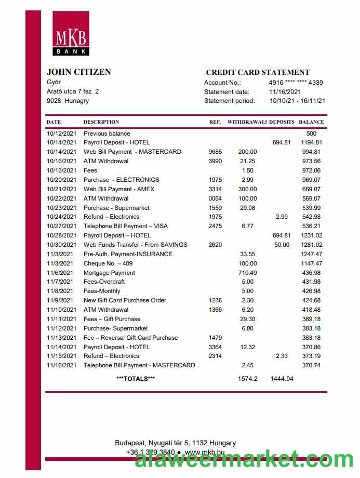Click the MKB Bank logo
[70, 33]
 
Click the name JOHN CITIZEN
[78, 72]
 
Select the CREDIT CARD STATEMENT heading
[258, 73]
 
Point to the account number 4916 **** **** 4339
[296, 83]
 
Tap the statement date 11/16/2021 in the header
[285, 92]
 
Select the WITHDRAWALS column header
[247, 122]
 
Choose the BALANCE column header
[311, 122]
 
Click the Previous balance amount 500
[311, 134]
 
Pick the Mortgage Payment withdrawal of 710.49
[247, 273]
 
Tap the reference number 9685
[215, 152]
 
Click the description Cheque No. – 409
[108, 263]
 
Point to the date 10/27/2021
[61, 226]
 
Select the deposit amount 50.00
[282, 245]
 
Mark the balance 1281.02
[311, 245]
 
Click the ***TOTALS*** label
[136, 379]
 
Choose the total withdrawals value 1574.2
[248, 379]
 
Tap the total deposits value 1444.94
[282, 379]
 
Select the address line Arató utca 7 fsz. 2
[73, 91]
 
